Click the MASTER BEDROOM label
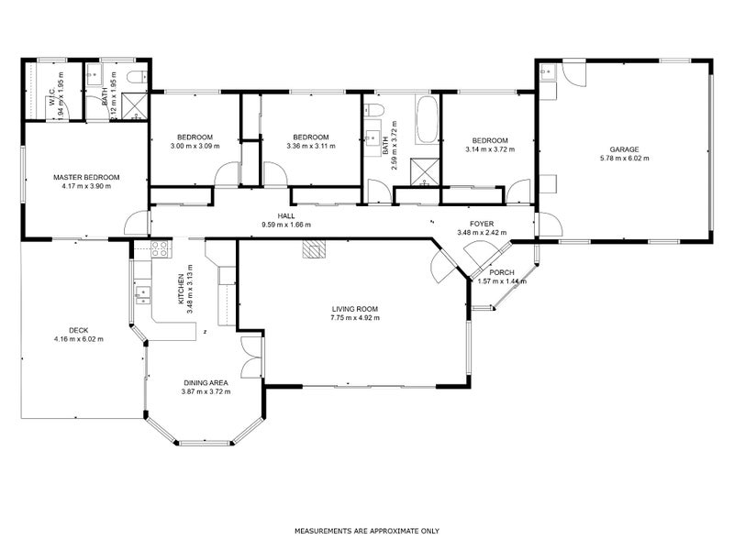(x=86, y=177)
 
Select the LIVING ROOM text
(x=355, y=309)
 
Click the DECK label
(x=78, y=331)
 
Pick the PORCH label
(x=502, y=272)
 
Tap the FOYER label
(x=482, y=224)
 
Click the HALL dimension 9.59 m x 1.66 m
(x=286, y=225)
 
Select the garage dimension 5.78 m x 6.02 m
(x=624, y=159)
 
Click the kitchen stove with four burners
(x=159, y=246)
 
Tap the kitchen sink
(x=142, y=293)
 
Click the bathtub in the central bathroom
(x=427, y=121)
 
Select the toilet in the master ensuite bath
(x=135, y=76)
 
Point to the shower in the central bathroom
(x=424, y=170)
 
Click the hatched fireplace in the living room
(x=315, y=250)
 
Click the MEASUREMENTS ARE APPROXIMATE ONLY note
(x=366, y=531)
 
